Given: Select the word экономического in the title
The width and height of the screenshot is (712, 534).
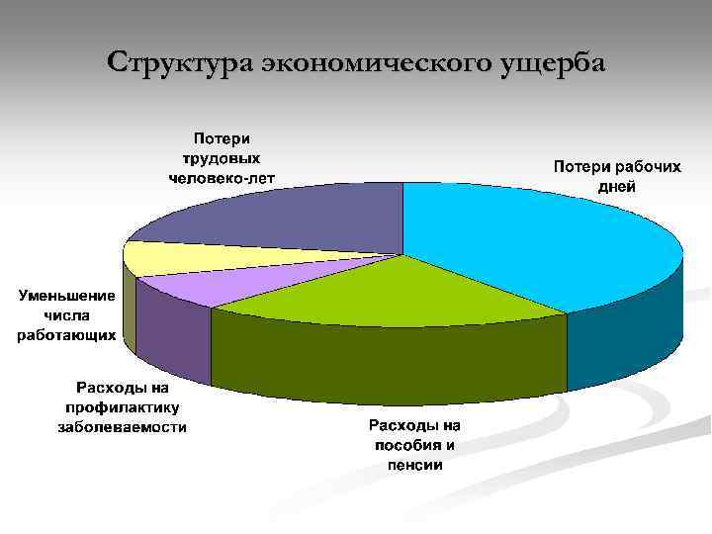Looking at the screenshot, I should point(385,62).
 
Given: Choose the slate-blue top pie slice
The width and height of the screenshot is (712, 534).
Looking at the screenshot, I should point(287,218).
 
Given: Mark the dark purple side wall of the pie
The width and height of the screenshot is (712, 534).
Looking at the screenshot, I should point(173,336).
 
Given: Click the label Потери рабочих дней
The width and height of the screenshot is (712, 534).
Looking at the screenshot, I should point(616,176).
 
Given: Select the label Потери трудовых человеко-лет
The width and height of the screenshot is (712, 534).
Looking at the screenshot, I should point(222,158).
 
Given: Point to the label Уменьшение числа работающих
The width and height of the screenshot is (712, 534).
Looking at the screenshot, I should point(66,315).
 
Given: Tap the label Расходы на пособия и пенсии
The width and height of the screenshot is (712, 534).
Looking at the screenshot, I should point(414,445).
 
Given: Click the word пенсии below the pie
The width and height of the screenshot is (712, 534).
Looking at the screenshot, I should point(414,464).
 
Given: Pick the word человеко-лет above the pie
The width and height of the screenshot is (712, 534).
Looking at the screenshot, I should point(222,178).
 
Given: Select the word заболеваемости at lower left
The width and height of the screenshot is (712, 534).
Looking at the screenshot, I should point(124,427).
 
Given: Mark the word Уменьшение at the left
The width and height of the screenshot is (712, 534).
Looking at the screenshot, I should point(66,296).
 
